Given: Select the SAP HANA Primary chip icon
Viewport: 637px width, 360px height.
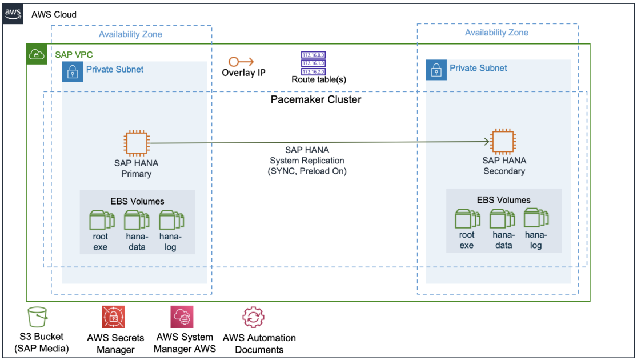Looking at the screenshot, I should click(136, 143).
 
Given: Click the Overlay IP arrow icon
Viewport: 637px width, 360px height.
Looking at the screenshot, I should click(241, 61).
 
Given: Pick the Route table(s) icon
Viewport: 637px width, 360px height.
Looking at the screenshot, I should click(313, 63).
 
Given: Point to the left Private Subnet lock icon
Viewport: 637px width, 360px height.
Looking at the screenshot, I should click(73, 71).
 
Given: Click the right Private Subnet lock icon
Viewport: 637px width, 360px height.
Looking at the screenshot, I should click(436, 70).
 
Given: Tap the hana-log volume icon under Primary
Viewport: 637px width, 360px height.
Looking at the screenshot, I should click(170, 220).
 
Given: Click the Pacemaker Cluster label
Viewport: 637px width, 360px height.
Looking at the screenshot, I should click(315, 99).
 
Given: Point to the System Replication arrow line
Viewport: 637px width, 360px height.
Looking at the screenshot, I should click(314, 142).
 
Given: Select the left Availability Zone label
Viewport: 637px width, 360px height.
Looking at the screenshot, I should click(130, 34).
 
